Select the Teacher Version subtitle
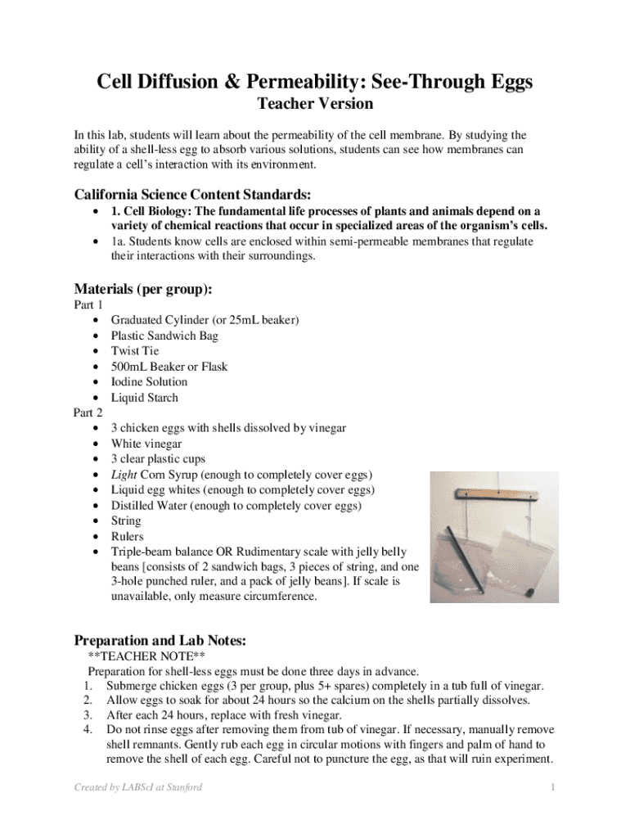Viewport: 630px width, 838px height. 315,104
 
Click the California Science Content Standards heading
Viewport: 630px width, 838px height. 192,195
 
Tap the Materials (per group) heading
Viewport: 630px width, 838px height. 143,289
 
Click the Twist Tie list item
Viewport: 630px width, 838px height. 135,351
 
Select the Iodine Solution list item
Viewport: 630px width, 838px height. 149,382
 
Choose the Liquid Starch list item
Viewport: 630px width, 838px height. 144,398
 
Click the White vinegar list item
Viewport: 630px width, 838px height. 146,444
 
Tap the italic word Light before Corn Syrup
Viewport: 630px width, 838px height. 124,475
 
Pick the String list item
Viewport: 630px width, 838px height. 126,521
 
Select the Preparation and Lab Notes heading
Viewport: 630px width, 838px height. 160,640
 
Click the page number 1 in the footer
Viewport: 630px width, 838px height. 553,787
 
